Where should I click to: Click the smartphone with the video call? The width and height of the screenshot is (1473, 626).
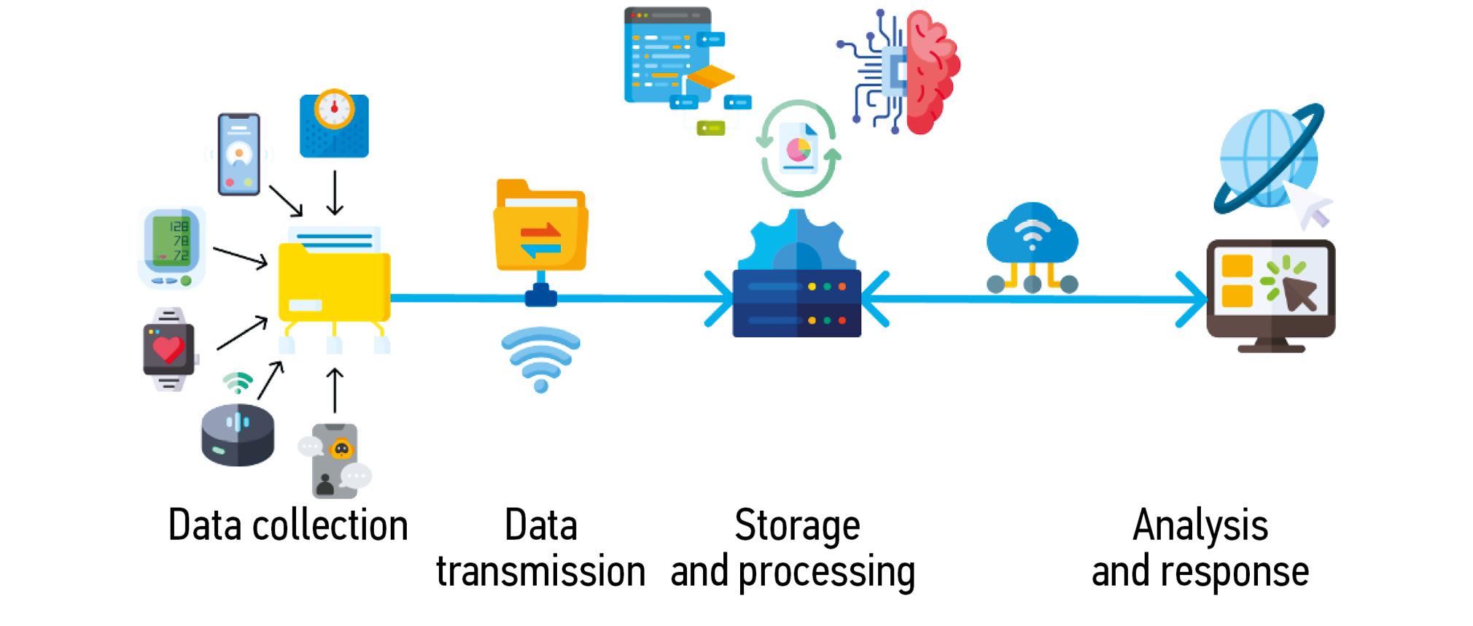coord(239,154)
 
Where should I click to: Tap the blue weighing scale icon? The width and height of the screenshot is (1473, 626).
coord(334,125)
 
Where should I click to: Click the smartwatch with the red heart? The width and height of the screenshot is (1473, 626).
coord(169,349)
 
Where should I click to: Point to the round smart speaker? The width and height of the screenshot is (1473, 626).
coord(238,435)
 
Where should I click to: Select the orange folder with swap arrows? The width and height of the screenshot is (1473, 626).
coord(541,228)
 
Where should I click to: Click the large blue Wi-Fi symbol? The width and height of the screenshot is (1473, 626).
coord(540,358)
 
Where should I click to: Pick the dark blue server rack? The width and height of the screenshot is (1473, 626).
coord(797,303)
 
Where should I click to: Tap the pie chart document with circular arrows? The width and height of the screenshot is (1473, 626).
coord(798,149)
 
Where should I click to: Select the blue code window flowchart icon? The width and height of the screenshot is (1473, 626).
coord(678,66)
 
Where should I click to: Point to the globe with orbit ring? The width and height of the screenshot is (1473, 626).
coord(1269,159)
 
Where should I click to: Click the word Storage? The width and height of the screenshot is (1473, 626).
coord(797,525)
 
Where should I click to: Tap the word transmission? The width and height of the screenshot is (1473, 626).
coord(540,571)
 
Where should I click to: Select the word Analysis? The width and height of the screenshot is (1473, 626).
coord(1200,525)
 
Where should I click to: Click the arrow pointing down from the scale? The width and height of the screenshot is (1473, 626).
coord(335,193)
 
